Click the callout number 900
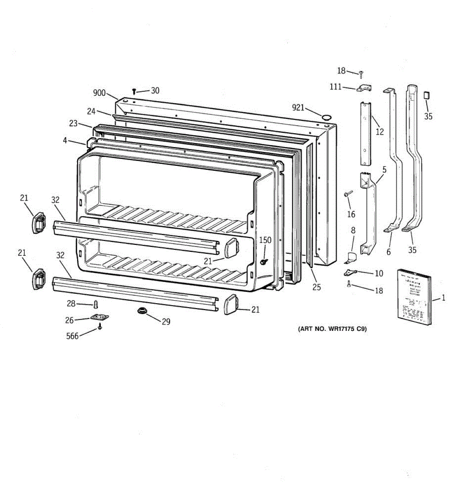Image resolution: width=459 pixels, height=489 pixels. click(99, 93)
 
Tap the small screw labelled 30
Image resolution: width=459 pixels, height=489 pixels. click(134, 92)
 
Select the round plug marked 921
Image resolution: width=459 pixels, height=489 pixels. click(326, 117)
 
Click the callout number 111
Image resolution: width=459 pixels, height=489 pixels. click(335, 86)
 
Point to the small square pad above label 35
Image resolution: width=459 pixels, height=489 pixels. click(427, 95)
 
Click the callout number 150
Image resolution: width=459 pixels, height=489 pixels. click(265, 240)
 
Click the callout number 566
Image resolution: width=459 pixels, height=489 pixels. click(72, 337)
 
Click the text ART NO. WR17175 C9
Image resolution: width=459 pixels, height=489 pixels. click(332, 329)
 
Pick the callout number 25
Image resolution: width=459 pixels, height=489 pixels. click(317, 287)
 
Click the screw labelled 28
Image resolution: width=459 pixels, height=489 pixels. click(96, 304)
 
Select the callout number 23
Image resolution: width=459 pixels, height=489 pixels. click(73, 123)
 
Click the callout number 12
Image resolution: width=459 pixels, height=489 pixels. click(380, 132)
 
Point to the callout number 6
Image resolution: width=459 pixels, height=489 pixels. click(388, 252)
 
